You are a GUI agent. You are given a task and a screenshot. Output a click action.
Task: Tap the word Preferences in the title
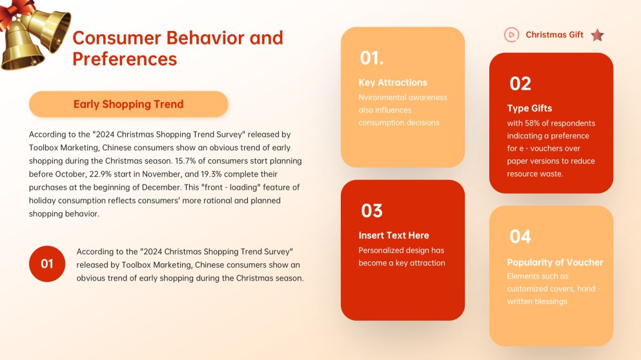(125, 59)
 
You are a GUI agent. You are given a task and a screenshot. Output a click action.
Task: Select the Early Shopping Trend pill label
(128, 104)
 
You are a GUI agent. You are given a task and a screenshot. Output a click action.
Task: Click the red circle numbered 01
(47, 263)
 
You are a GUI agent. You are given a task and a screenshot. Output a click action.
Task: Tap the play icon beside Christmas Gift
(511, 35)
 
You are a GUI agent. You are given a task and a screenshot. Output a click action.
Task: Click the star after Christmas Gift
(597, 35)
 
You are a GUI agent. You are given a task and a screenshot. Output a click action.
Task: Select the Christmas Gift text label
(555, 35)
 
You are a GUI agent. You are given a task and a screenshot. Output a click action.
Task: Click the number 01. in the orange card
(372, 58)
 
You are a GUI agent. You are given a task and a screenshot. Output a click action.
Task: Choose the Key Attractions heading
(392, 83)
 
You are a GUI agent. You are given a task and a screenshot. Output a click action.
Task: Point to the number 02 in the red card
(520, 84)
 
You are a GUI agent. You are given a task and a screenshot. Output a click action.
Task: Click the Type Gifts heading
(529, 108)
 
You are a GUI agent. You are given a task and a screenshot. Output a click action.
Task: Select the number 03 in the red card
(372, 211)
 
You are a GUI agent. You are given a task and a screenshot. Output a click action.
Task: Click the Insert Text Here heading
(393, 235)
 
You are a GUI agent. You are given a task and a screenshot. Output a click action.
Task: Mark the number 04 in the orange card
(520, 237)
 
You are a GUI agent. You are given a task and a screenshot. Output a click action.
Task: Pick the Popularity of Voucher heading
(555, 263)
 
